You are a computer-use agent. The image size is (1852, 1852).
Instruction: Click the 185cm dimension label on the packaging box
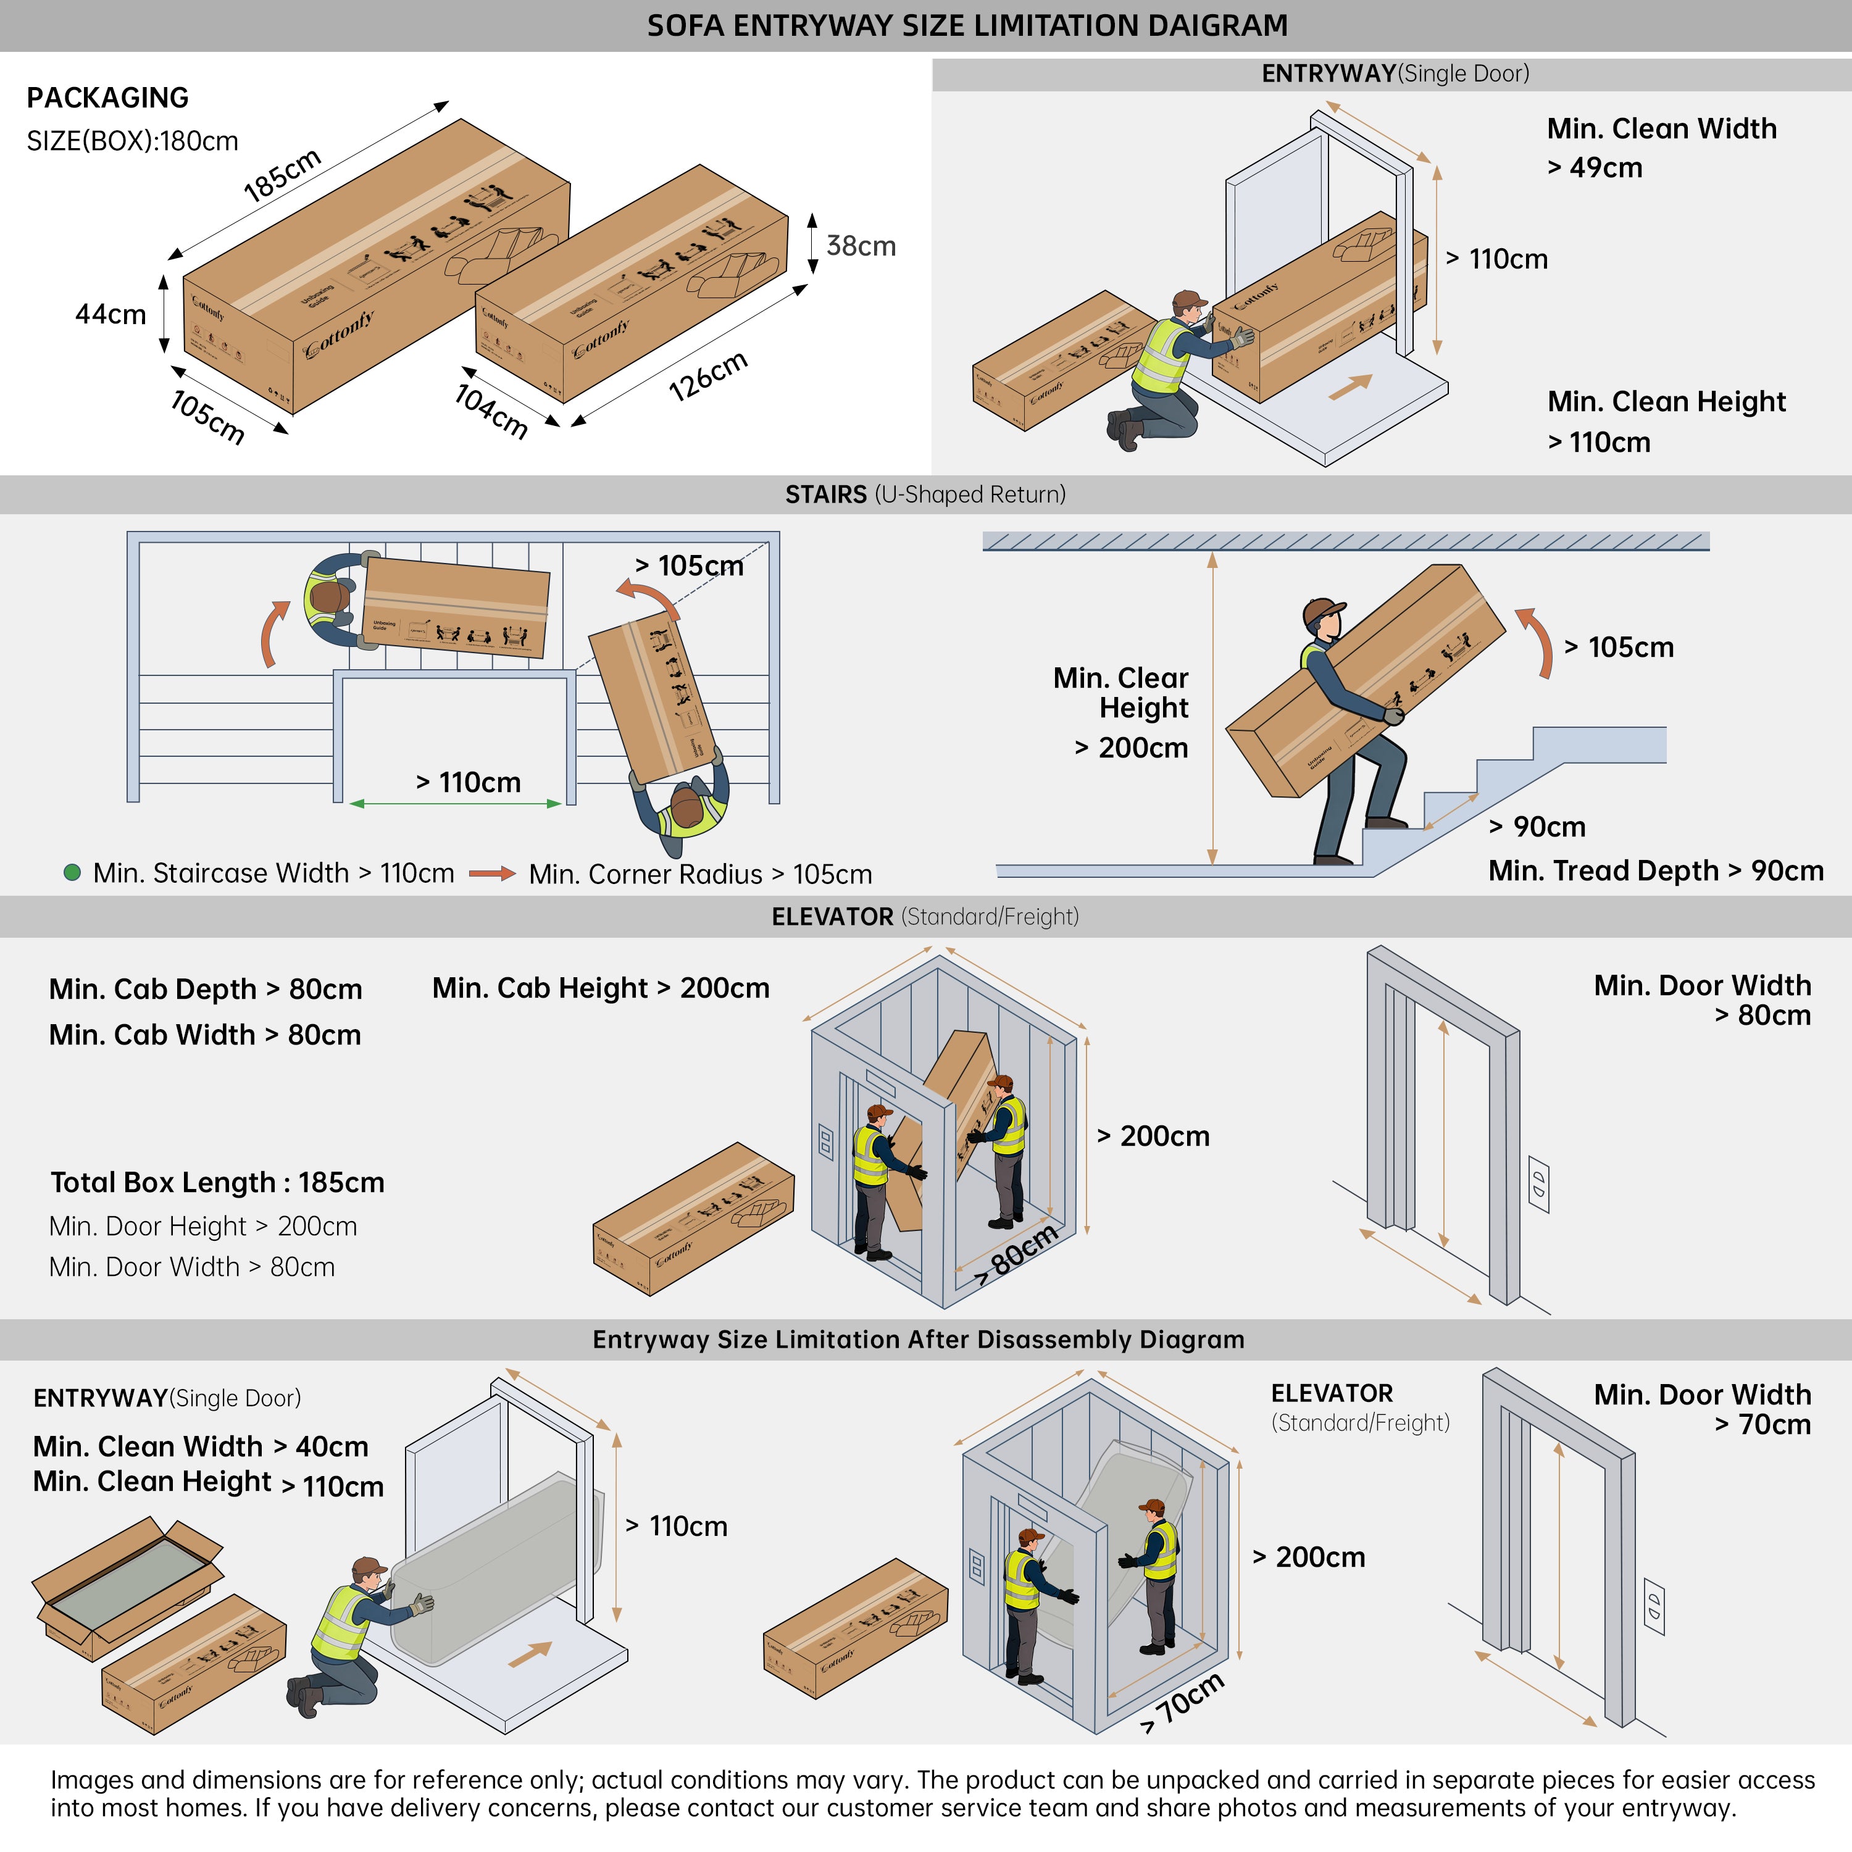point(282,175)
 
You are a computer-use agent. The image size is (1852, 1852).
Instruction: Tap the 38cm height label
point(861,246)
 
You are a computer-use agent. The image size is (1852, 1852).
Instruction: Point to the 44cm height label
point(111,314)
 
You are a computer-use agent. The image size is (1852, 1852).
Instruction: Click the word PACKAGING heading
point(107,98)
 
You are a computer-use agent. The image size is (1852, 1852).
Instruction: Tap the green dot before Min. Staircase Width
point(72,872)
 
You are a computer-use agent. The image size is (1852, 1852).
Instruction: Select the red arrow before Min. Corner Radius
point(492,874)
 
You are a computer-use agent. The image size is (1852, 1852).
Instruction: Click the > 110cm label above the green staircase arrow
point(468,782)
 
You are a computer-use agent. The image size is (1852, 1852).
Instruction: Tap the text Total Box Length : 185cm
point(217,1182)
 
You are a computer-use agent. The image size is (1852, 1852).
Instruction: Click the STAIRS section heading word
point(825,494)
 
